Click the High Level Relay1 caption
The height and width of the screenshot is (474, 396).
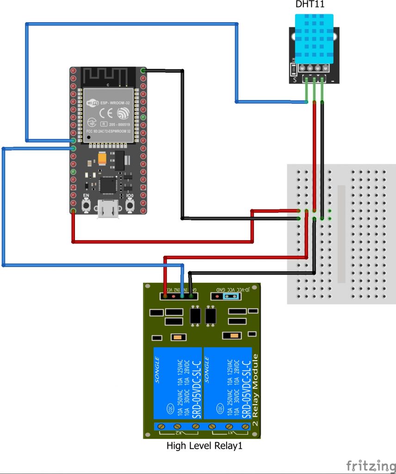pos(204,447)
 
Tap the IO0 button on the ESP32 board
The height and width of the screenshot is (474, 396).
pos(130,205)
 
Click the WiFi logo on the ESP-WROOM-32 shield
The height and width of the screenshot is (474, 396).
pos(92,102)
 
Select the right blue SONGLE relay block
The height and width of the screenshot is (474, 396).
pos(228,383)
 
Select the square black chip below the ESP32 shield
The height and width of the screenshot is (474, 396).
pos(108,185)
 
